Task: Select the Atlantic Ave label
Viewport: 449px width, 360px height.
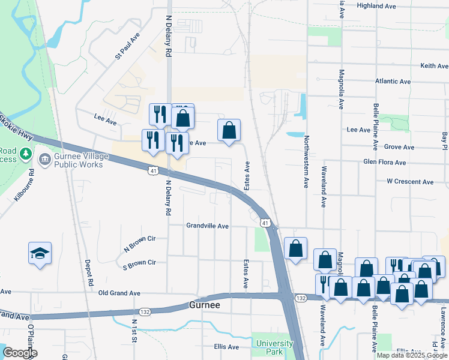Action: click(x=393, y=82)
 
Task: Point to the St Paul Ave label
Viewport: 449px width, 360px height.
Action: click(x=128, y=46)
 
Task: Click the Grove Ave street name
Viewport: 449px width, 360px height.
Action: click(x=399, y=147)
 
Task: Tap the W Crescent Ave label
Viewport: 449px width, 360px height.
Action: click(x=410, y=182)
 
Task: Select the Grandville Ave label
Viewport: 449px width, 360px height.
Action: click(x=208, y=226)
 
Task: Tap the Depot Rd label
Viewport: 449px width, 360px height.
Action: click(x=90, y=273)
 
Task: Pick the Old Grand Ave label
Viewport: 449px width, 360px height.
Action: click(x=119, y=293)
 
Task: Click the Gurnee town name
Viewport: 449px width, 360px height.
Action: click(x=205, y=305)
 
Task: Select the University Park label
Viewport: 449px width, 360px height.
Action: click(x=275, y=347)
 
